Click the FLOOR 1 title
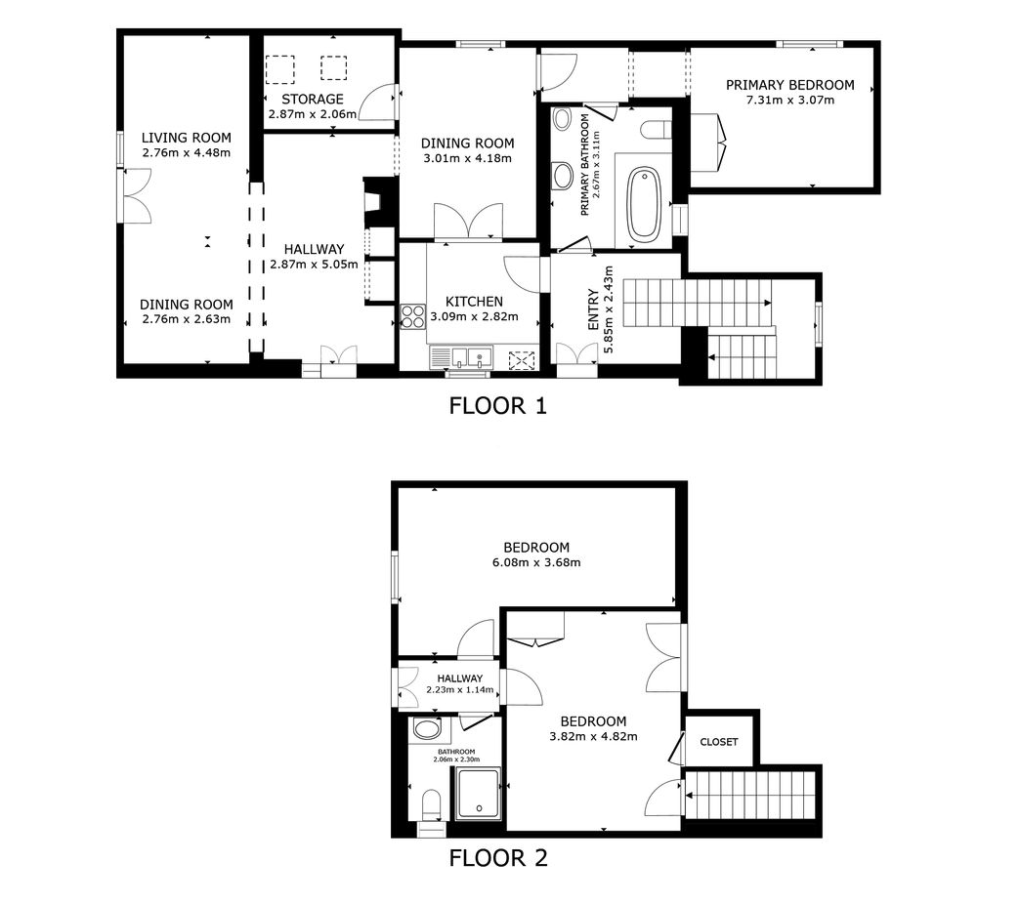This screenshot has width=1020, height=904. (497, 406)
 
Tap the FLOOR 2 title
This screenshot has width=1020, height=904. (498, 858)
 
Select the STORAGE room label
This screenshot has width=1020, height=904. (313, 100)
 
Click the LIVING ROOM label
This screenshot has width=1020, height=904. (186, 138)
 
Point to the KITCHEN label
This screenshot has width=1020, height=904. (474, 302)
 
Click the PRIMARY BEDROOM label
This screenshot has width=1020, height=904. (790, 85)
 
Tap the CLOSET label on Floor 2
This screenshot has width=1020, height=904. (719, 742)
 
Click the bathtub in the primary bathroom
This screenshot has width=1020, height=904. (644, 203)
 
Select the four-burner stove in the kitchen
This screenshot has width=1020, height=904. (413, 316)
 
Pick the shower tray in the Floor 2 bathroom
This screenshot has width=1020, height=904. (478, 793)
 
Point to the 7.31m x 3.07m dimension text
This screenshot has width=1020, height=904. (790, 101)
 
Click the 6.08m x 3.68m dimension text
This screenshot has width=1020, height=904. (536, 563)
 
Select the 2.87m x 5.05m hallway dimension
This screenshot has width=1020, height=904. (315, 265)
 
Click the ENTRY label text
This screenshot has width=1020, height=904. (593, 309)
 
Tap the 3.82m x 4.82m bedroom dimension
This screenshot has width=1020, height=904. (593, 737)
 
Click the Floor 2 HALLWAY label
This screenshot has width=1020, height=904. (460, 678)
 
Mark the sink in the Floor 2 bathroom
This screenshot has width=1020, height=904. (427, 729)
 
